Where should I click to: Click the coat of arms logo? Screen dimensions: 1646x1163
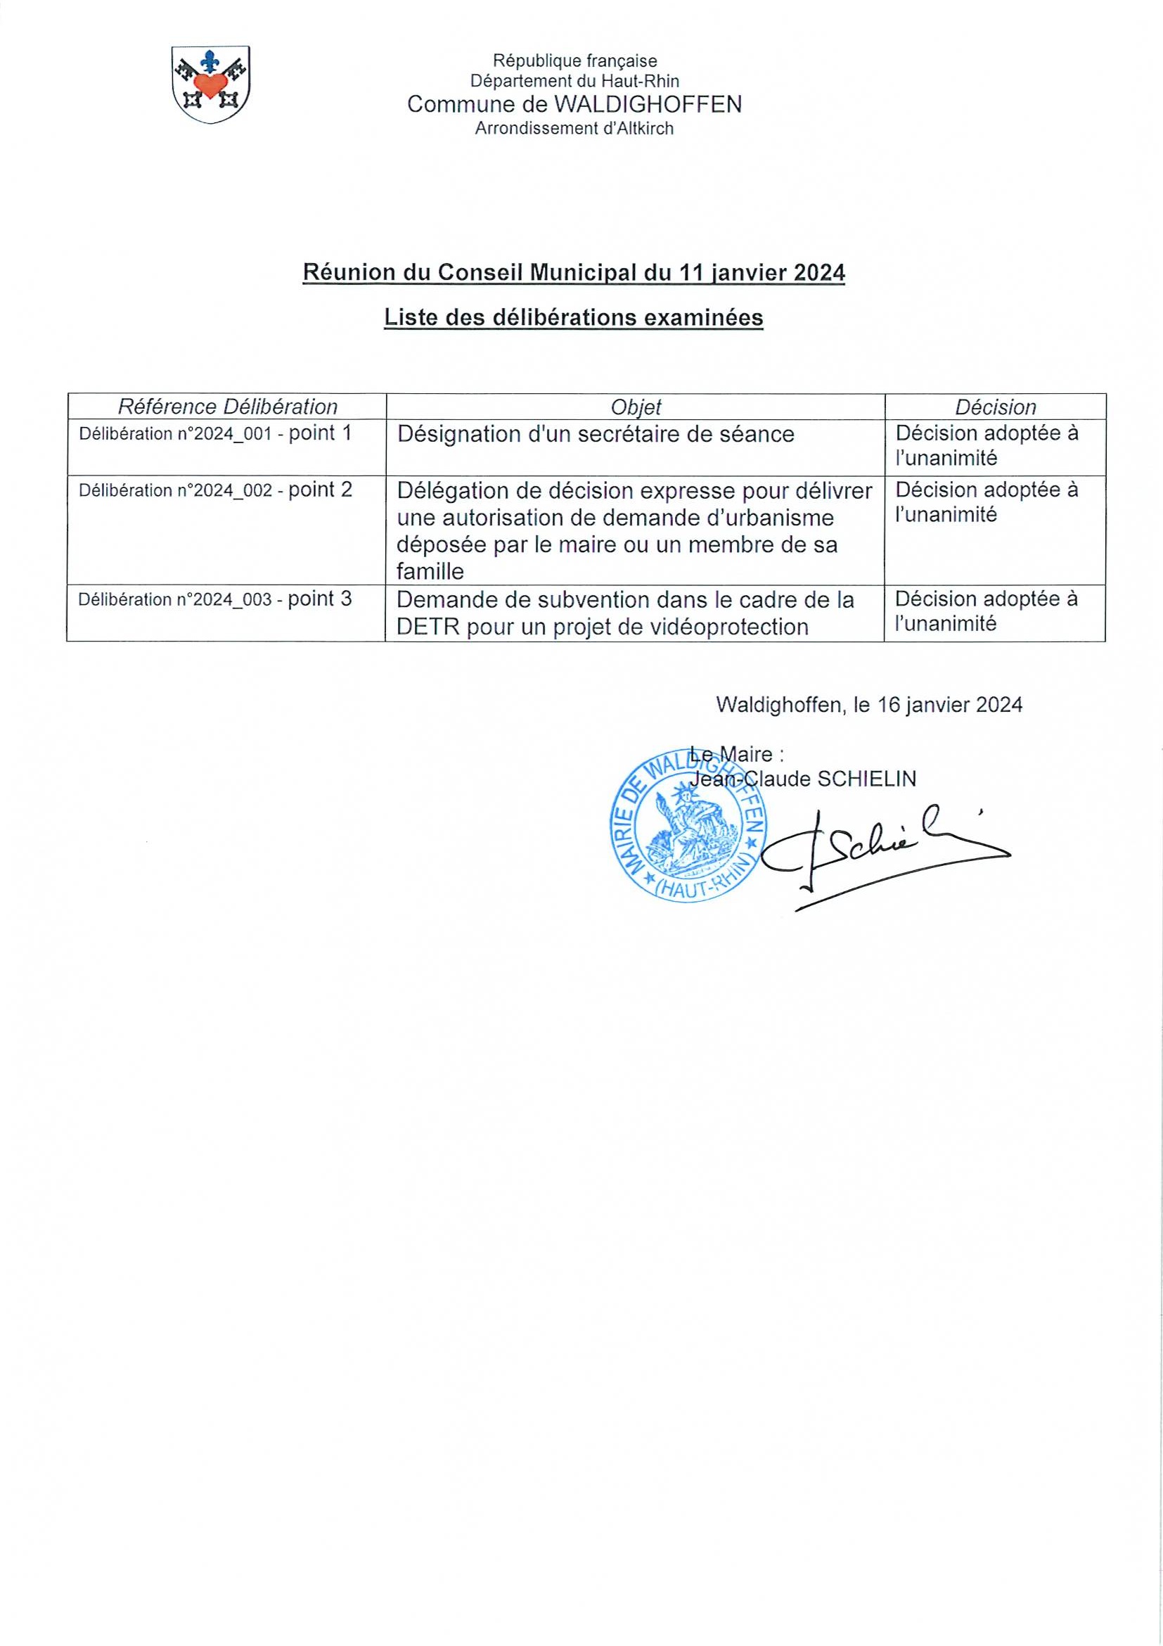[210, 84]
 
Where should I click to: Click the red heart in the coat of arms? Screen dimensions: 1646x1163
[211, 85]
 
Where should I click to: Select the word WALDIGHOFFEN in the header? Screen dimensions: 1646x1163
[648, 105]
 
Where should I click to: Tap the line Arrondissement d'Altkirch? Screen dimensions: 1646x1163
[574, 129]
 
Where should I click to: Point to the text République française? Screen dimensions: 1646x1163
[574, 61]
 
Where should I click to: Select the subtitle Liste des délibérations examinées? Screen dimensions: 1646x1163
[573, 317]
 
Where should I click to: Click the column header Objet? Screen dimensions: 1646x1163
[636, 407]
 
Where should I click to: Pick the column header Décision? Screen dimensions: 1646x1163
[996, 407]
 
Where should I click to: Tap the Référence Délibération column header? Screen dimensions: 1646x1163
[227, 407]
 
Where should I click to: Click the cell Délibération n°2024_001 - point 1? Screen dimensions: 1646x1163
[215, 434]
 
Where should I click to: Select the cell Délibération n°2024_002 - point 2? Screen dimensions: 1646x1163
[215, 490]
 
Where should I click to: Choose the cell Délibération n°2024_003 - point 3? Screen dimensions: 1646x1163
[215, 599]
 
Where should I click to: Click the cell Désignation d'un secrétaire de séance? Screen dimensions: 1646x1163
[596, 435]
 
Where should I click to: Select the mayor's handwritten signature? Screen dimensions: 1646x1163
[889, 853]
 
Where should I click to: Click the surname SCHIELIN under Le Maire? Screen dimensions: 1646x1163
[866, 779]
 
